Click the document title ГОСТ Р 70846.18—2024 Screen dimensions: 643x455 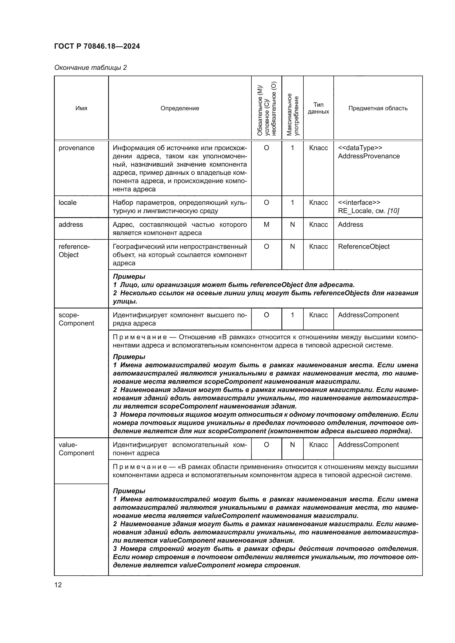[97, 46]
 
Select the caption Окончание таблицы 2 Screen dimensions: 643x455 [90, 68]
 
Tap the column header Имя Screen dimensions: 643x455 [81, 108]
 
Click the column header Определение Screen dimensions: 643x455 [180, 108]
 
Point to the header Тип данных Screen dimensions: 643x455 [318, 108]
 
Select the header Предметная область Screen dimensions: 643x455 [378, 108]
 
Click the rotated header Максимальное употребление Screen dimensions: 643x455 [292, 114]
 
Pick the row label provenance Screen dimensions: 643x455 [76, 148]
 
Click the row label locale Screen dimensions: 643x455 [67, 203]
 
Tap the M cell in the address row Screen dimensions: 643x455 [267, 225]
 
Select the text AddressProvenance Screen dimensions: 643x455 [369, 156]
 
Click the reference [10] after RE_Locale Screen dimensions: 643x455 [393, 211]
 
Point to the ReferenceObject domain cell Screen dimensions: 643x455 [364, 246]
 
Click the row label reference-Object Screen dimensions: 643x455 [74, 251]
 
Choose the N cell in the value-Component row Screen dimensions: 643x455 [292, 445]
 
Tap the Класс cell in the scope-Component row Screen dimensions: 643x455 [318, 315]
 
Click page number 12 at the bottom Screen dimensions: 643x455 [58, 585]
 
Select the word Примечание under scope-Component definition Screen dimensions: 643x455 [140, 337]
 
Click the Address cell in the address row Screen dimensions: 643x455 [350, 225]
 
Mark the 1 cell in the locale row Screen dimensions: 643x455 [292, 203]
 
